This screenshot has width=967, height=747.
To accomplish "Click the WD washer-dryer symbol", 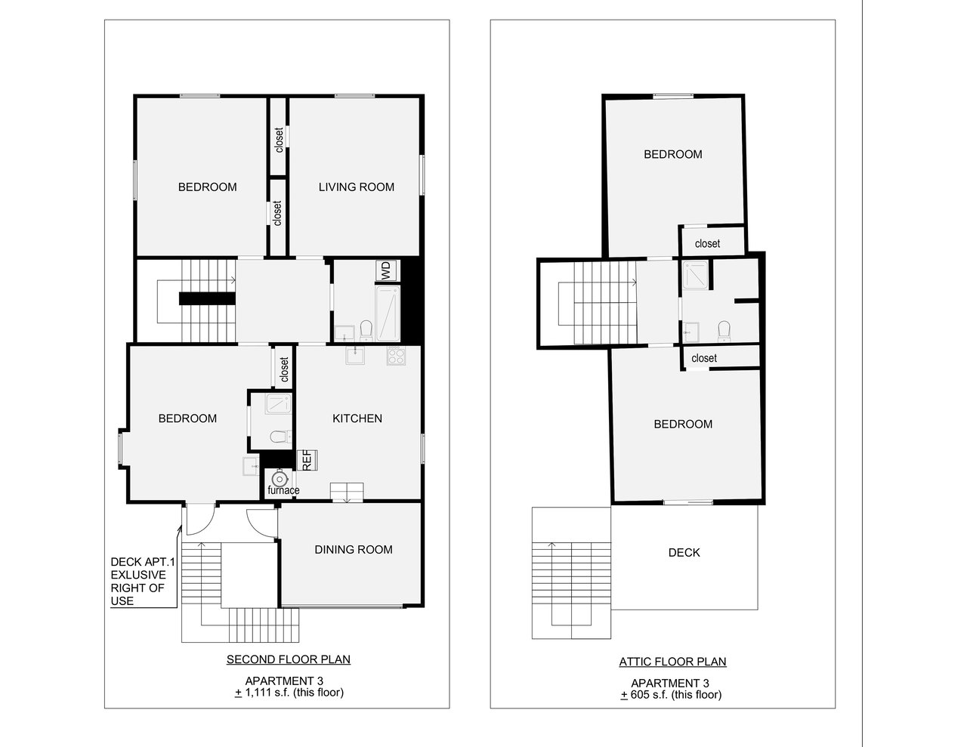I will click(385, 270).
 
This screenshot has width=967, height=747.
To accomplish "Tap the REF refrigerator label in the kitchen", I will click(308, 460).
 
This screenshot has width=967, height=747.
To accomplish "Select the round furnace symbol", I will click(280, 478).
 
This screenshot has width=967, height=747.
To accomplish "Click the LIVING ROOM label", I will click(356, 187).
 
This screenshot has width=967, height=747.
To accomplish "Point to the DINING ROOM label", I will click(354, 549).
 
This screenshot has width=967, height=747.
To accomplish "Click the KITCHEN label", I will click(357, 418).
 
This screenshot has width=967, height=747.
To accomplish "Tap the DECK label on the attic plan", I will click(684, 552).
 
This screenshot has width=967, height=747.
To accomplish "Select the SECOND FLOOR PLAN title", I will click(288, 659).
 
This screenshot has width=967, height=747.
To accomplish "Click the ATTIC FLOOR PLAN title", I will click(672, 662).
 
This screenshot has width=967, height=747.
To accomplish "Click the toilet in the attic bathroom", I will click(723, 330).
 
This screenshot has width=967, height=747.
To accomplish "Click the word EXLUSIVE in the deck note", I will click(138, 575).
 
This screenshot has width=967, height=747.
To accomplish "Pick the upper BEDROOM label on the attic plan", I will click(672, 154).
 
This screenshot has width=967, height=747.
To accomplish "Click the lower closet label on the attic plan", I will click(703, 358).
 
